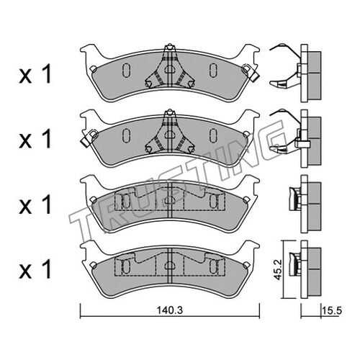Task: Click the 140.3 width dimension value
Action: (170, 310)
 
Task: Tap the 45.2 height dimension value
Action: (277, 269)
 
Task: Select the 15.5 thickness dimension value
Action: (331, 311)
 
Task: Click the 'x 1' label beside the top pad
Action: (35, 75)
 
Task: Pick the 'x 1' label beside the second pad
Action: (35, 139)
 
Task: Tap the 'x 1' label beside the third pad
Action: (35, 204)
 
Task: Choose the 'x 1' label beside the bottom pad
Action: (35, 269)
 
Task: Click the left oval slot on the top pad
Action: (126, 71)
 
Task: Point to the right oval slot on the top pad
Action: (212, 71)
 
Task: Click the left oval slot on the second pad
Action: (126, 135)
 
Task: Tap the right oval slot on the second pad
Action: (212, 135)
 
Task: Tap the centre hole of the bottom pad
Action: (170, 266)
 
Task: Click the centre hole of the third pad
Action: (170, 200)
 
